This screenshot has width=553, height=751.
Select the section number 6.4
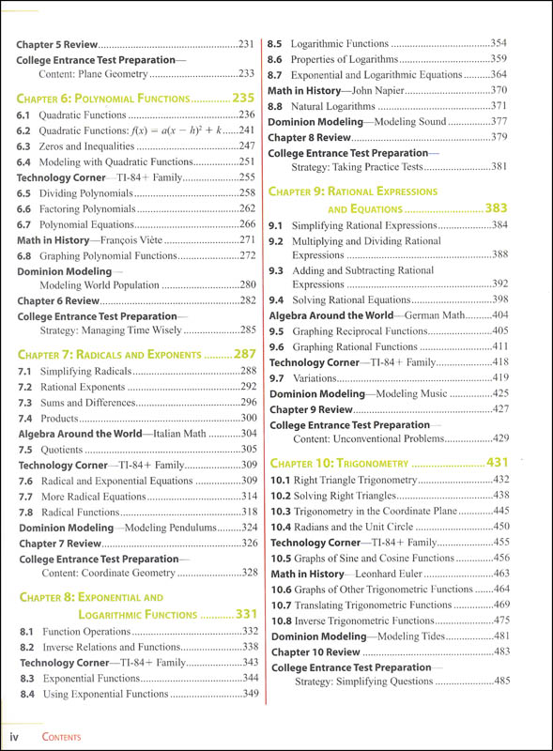point(25,161)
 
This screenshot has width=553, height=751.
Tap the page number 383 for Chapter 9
point(496,207)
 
